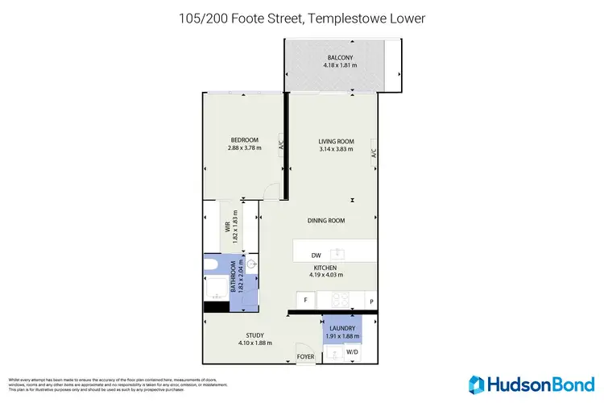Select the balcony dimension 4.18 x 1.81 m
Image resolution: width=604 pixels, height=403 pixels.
point(341,65)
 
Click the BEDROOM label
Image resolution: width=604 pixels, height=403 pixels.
point(244,140)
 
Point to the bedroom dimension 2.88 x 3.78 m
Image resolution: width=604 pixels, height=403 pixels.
point(244,148)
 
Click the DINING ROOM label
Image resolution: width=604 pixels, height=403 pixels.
point(326,220)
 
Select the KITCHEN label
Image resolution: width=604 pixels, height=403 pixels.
point(325,267)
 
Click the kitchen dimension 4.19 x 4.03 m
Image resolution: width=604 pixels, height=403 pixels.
point(325,275)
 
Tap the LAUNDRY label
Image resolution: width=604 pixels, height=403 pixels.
point(342,328)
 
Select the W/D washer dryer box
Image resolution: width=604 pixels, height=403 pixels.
point(353,352)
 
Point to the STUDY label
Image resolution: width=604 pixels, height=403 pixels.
point(254,335)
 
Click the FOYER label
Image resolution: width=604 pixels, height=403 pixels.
point(305,355)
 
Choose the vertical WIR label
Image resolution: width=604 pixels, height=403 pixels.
point(228,226)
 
